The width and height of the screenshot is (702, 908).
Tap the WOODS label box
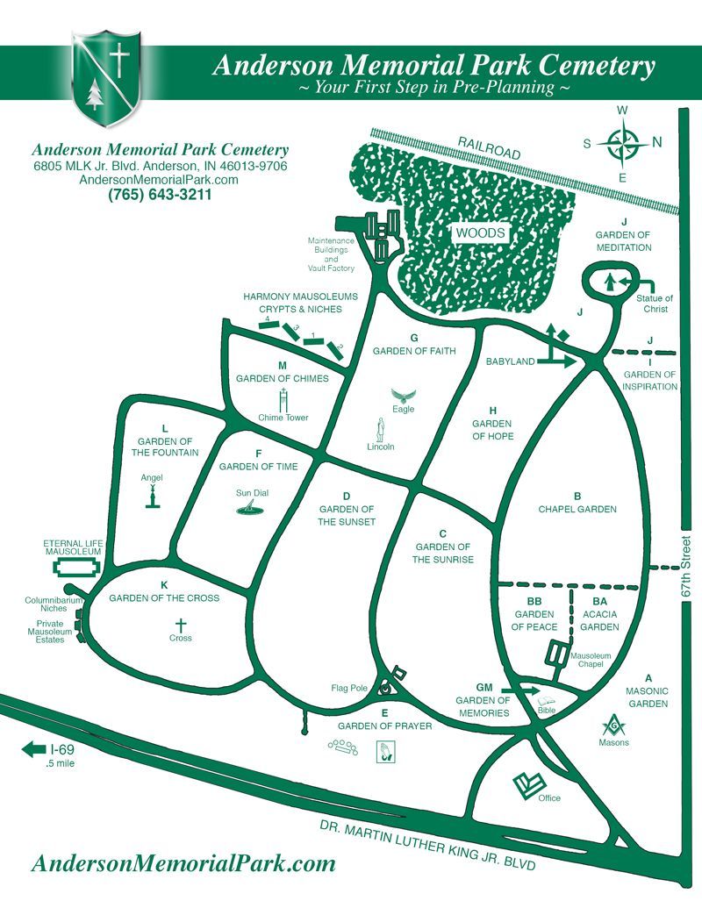pyautogui.click(x=480, y=232)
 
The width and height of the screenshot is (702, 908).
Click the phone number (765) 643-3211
pyautogui.click(x=160, y=195)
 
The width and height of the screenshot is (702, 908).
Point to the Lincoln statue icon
pyautogui.click(x=381, y=429)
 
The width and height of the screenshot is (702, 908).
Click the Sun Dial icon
pyautogui.click(x=249, y=508)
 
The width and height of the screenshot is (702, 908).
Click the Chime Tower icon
pyautogui.click(x=283, y=401)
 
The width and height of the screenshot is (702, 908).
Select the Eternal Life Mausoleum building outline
pyautogui.click(x=73, y=568)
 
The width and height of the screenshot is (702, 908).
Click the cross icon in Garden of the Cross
pyautogui.click(x=181, y=626)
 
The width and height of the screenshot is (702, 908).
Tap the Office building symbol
pyautogui.click(x=528, y=786)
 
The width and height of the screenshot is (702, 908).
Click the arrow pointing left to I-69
pyautogui.click(x=33, y=748)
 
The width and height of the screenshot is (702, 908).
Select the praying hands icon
pyautogui.click(x=384, y=751)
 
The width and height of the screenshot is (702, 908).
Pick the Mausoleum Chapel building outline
pyautogui.click(x=557, y=654)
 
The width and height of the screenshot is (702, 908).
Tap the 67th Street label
pyautogui.click(x=686, y=567)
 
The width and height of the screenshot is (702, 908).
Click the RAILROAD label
pyautogui.click(x=489, y=147)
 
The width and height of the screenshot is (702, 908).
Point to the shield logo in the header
pyautogui.click(x=107, y=78)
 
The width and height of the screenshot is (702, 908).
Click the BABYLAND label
pyautogui.click(x=511, y=361)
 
